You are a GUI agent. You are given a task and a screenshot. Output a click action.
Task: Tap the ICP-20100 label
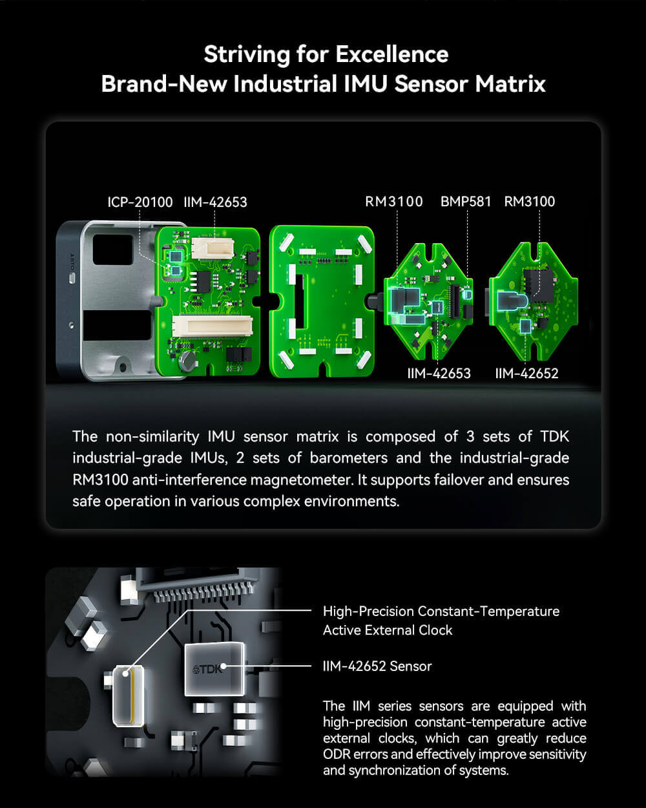(x=140, y=202)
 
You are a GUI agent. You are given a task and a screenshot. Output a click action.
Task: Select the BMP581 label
(x=466, y=202)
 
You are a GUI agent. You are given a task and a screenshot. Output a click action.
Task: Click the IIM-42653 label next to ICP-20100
(x=215, y=202)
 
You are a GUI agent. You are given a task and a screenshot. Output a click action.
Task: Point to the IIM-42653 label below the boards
(x=439, y=373)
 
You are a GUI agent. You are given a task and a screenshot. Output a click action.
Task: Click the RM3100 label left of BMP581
(x=394, y=202)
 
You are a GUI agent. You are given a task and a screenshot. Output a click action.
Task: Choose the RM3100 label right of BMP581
(x=530, y=202)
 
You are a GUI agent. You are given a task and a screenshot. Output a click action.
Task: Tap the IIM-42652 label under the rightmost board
(x=526, y=373)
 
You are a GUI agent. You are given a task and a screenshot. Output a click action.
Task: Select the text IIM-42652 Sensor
(x=377, y=666)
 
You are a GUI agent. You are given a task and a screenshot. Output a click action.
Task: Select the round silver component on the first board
(x=187, y=360)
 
